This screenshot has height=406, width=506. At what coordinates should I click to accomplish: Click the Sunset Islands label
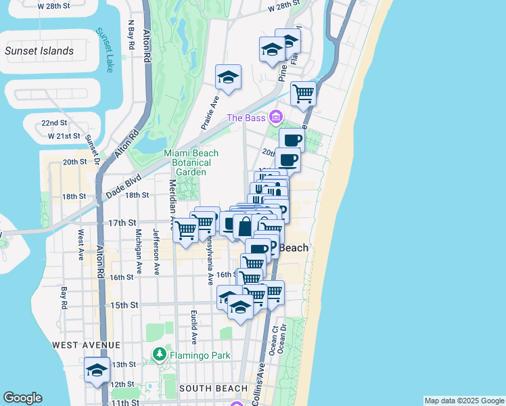(x=39, y=51)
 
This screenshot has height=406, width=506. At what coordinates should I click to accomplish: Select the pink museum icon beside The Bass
(x=275, y=118)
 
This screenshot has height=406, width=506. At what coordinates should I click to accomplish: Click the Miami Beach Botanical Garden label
(x=187, y=162)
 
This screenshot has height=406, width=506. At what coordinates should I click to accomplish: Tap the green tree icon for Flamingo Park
(x=160, y=354)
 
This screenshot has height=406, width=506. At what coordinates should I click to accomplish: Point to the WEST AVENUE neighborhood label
(x=80, y=345)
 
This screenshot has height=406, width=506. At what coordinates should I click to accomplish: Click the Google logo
(x=22, y=399)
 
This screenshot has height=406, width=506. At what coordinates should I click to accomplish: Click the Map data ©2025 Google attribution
(x=464, y=401)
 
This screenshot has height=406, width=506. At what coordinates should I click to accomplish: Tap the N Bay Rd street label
(x=131, y=35)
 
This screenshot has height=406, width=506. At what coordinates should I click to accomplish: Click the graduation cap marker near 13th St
(x=97, y=370)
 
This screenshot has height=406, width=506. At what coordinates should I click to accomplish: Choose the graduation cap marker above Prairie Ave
(x=229, y=78)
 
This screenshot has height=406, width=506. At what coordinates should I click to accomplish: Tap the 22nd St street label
(x=54, y=123)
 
